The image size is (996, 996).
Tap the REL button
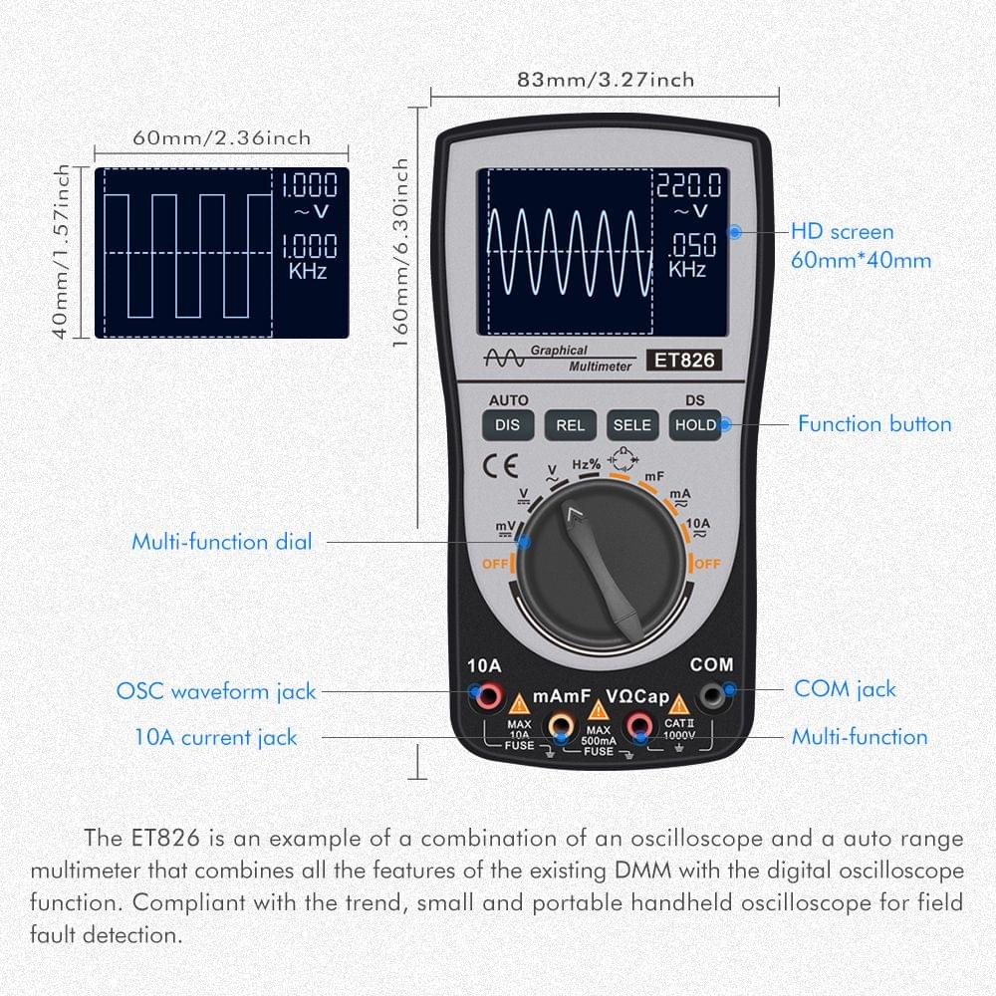pyautogui.click(x=570, y=425)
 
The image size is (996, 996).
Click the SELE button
pyautogui.click(x=631, y=425)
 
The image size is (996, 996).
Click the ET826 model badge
pyautogui.click(x=683, y=361)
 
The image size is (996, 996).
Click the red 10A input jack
pyautogui.click(x=487, y=696)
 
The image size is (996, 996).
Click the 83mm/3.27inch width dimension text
pyautogui.click(x=606, y=80)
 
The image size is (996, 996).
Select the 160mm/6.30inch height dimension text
pyautogui.click(x=401, y=253)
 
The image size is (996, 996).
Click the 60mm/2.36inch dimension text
pyautogui.click(x=221, y=138)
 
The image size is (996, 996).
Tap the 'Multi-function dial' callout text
pyautogui.click(x=222, y=542)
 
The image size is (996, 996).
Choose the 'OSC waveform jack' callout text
pyautogui.click(x=216, y=690)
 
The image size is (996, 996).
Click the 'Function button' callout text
pyautogui.click(x=874, y=424)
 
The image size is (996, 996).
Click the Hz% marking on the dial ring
pyautogui.click(x=586, y=463)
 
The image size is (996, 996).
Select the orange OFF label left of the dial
pyautogui.click(x=495, y=564)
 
